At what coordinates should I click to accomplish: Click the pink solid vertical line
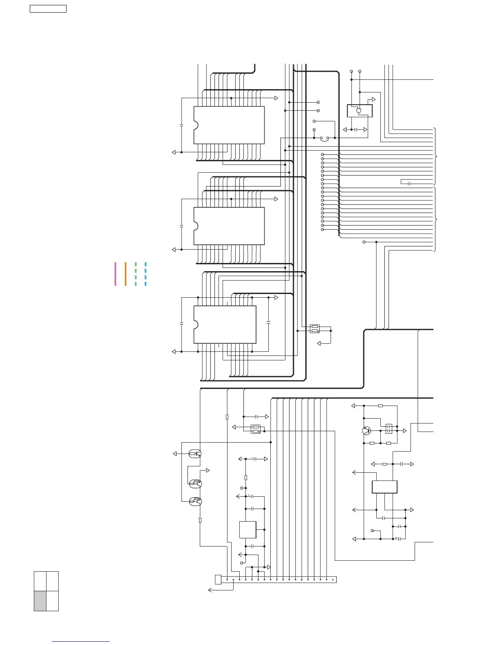click(x=115, y=274)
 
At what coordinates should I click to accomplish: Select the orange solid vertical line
click(x=126, y=274)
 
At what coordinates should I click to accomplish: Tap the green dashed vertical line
click(x=136, y=274)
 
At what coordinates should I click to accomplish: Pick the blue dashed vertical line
click(x=146, y=274)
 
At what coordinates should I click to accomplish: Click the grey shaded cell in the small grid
click(x=40, y=601)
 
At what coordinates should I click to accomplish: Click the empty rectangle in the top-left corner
click(x=48, y=9)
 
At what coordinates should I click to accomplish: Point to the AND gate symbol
click(x=359, y=111)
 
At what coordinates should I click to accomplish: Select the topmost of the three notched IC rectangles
click(x=229, y=125)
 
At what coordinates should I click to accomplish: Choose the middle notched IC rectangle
click(x=229, y=226)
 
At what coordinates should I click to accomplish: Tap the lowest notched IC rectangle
click(x=225, y=325)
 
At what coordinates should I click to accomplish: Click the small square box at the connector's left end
click(x=218, y=579)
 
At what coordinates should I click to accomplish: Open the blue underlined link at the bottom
click(x=81, y=641)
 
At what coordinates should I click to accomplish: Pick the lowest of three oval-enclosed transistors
click(x=195, y=501)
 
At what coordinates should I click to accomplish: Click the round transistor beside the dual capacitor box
click(x=367, y=430)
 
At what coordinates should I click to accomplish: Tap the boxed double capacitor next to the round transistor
click(x=389, y=428)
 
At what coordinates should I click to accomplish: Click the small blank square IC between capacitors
click(x=248, y=530)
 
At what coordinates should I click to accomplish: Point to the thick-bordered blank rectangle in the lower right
click(x=384, y=487)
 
